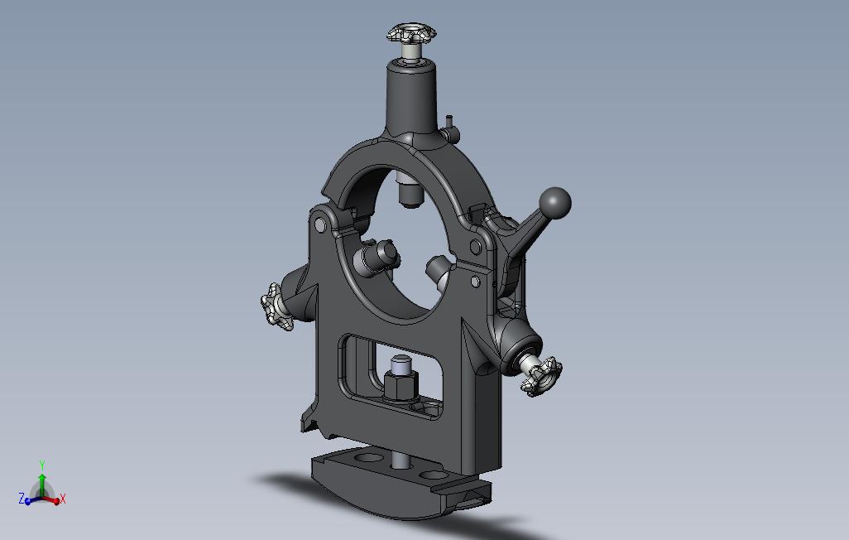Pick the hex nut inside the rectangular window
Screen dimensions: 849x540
(x=401, y=386)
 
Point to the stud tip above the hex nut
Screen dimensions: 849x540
(x=401, y=364)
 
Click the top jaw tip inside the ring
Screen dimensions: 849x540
(x=410, y=195)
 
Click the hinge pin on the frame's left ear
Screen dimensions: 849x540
(x=320, y=224)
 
